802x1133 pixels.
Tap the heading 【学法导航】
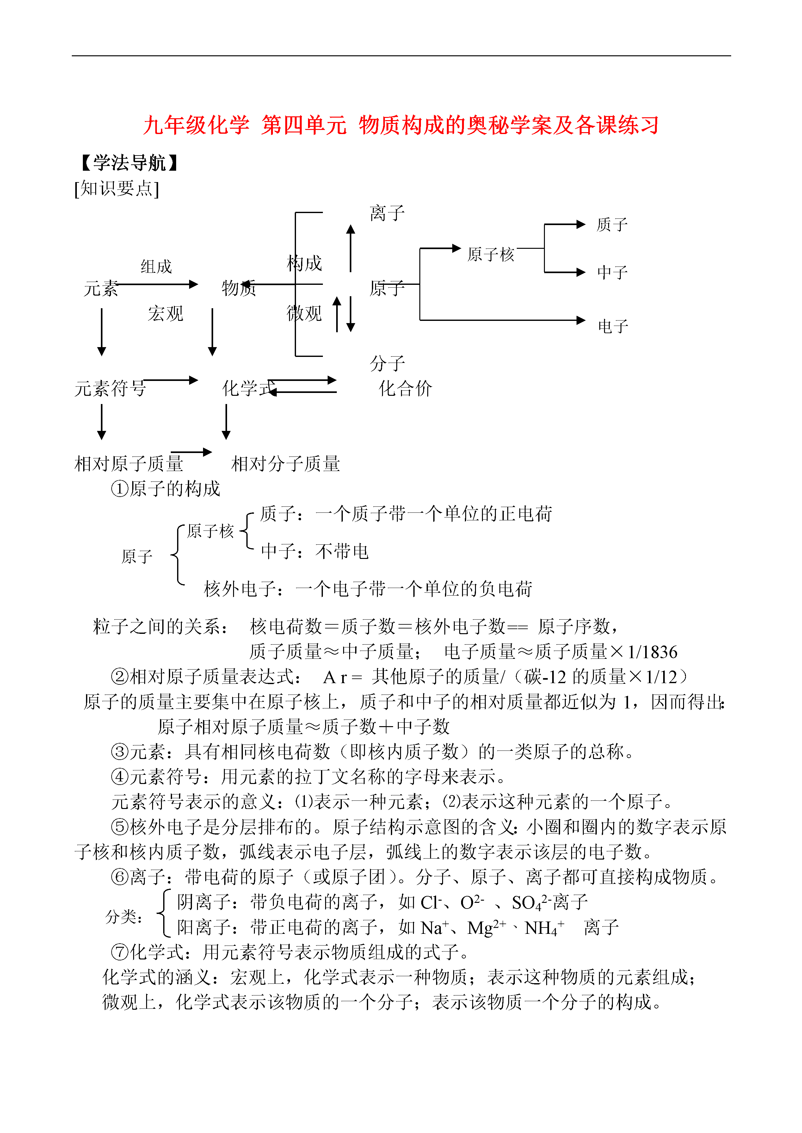129,162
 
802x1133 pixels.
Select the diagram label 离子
387,213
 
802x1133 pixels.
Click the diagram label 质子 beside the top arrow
612,225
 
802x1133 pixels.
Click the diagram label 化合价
405,389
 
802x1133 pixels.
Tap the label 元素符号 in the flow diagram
110,389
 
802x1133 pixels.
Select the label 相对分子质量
286,463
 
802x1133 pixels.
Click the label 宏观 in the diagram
165,314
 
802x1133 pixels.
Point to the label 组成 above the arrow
156,266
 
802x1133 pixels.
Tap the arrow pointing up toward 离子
351,248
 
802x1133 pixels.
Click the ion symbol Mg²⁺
486,928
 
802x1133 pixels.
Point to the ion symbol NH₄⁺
544,928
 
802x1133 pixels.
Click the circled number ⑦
120,952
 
